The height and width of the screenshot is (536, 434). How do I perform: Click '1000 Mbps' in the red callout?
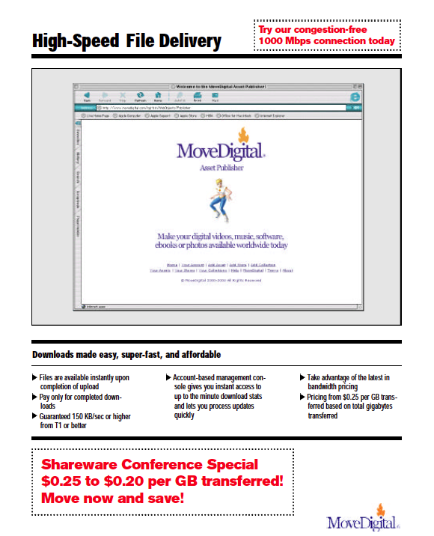coord(285,40)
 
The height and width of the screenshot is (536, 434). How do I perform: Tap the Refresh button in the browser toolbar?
coord(139,97)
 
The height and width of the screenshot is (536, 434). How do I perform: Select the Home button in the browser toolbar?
coord(158,97)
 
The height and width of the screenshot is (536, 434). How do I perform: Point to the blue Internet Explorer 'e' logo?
coord(355,97)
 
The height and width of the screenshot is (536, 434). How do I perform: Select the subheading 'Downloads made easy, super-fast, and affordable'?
coord(126,354)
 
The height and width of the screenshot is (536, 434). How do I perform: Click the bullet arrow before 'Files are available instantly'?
coord(34,378)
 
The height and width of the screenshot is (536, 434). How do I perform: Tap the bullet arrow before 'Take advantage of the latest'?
coord(302,378)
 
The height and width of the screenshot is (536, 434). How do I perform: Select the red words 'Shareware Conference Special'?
coord(150,464)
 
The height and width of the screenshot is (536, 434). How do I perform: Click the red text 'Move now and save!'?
coord(112,497)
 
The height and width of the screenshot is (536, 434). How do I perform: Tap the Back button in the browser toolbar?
coord(88,97)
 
